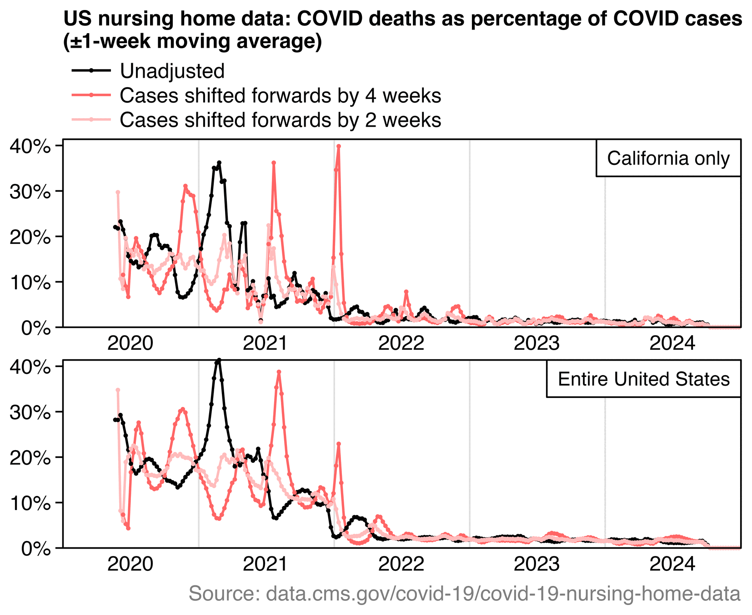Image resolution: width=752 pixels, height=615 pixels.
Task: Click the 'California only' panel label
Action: click(x=668, y=159)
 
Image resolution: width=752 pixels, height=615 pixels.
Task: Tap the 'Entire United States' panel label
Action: click(x=643, y=379)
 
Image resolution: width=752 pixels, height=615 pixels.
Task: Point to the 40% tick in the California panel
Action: click(x=30, y=146)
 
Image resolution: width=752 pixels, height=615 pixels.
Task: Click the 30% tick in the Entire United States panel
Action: click(x=30, y=412)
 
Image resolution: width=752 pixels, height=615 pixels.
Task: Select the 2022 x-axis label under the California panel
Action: click(x=401, y=343)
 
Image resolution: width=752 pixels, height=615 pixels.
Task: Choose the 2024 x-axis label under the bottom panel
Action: click(x=672, y=564)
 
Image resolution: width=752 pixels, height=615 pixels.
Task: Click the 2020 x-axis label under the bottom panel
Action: click(x=130, y=564)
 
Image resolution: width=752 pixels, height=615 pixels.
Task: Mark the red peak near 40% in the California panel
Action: click(x=339, y=146)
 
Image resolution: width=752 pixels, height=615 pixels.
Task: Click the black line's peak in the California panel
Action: click(x=219, y=163)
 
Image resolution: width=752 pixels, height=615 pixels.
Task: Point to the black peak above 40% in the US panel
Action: click(x=219, y=360)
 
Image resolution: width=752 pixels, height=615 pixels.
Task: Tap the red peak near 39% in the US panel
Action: click(x=279, y=372)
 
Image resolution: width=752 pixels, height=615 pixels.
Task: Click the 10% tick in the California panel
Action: click(x=30, y=283)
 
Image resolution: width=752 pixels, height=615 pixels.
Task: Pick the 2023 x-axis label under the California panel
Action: click(x=536, y=343)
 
